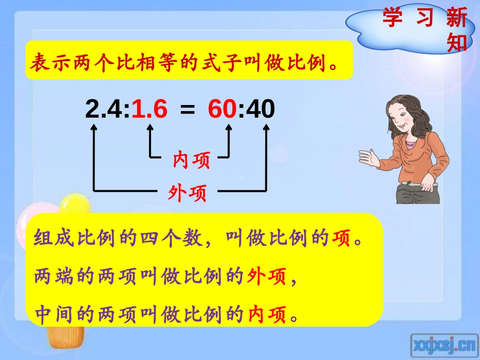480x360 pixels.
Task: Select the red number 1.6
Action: click(x=150, y=109)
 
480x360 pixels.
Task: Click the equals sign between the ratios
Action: click(x=187, y=110)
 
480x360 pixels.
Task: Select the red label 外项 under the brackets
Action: click(x=187, y=192)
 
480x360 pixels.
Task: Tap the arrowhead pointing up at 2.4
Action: click(x=93, y=129)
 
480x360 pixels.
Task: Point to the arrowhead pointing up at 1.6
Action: click(x=150, y=129)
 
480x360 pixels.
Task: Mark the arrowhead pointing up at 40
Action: click(x=266, y=129)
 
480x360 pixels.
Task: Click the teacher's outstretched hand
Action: click(x=367, y=157)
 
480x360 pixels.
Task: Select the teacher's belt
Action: click(x=417, y=184)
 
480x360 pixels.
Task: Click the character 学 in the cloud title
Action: click(x=393, y=18)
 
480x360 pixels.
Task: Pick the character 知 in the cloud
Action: click(x=457, y=43)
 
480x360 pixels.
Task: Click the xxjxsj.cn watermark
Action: click(x=444, y=345)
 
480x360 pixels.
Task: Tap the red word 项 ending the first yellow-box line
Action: click(x=342, y=238)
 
